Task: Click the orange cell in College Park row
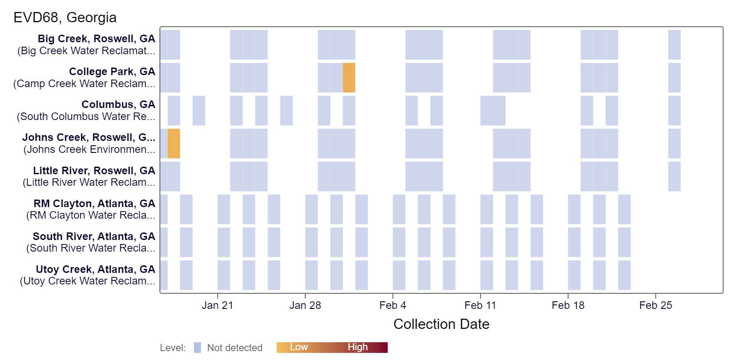tap(349, 78)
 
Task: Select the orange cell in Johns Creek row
tap(174, 144)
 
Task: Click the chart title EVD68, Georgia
tap(65, 17)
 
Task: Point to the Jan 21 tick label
tap(217, 305)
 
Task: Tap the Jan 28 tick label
tap(305, 305)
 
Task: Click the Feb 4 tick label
tap(393, 305)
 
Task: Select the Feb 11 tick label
tap(480, 305)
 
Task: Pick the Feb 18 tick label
tap(568, 305)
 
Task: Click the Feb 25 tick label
tap(656, 305)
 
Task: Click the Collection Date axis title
tap(441, 324)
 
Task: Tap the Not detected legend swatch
tap(198, 348)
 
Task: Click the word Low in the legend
tap(298, 347)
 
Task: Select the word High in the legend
tap(358, 347)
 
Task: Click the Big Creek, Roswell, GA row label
tap(96, 39)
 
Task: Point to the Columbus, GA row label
tap(118, 104)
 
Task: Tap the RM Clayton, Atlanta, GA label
tap(94, 204)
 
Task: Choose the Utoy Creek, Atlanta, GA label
tap(95, 269)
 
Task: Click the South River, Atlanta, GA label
tap(94, 236)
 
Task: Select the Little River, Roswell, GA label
tap(94, 171)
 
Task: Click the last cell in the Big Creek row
tap(674, 45)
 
